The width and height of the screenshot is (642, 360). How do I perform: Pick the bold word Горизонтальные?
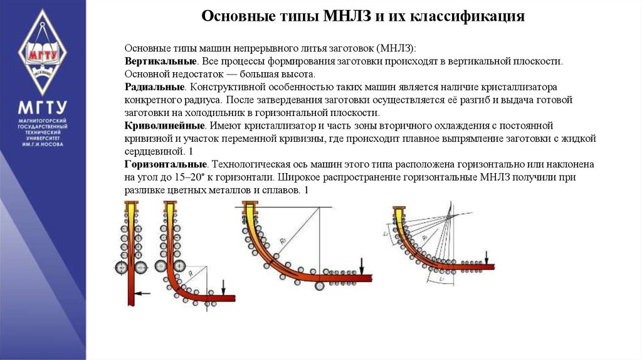click(166, 164)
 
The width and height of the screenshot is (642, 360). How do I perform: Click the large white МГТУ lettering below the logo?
click(42, 106)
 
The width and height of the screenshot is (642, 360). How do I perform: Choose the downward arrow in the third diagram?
click(362, 265)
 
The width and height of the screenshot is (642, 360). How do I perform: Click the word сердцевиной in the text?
click(152, 152)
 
